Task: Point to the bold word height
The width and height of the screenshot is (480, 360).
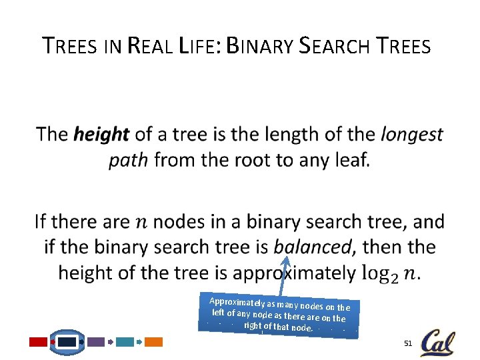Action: [x=101, y=135]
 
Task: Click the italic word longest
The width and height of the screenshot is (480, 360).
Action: [x=411, y=135]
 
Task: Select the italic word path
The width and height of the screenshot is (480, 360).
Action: [x=127, y=161]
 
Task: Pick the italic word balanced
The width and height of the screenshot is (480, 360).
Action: [x=311, y=247]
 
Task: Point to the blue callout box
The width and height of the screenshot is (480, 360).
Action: [x=279, y=314]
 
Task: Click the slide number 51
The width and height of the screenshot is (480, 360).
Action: [x=408, y=343]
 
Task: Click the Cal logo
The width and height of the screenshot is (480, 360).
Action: [x=437, y=343]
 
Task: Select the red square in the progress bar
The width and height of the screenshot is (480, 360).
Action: [x=39, y=342]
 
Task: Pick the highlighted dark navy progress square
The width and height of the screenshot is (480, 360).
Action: [x=67, y=342]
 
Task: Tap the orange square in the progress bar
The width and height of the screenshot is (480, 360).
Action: [x=154, y=342]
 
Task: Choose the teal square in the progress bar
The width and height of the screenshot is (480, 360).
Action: [x=125, y=342]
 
